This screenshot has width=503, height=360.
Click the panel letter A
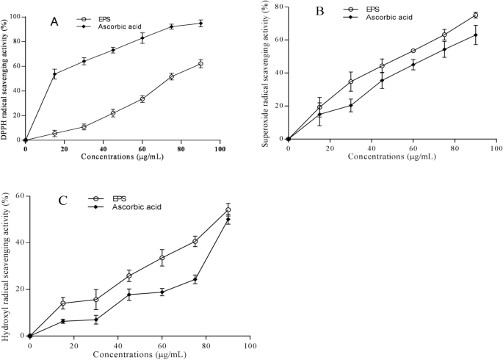(54, 22)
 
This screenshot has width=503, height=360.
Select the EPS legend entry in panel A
(100, 18)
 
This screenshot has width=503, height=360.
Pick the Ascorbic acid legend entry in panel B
(378, 17)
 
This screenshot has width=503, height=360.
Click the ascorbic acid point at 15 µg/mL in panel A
(54, 73)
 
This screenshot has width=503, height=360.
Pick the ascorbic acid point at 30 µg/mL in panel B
(351, 105)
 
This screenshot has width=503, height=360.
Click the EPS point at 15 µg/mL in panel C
(63, 303)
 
